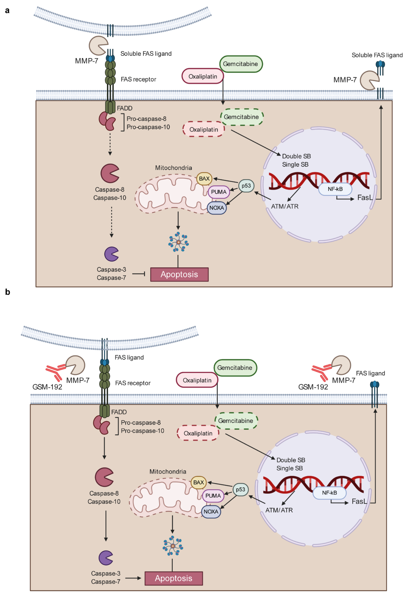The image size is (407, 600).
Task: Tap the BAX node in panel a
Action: click(204, 179)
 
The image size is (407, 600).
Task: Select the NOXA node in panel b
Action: click(211, 511)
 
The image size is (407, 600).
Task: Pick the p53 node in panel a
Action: click(246, 186)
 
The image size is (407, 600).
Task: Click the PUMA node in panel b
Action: click(213, 496)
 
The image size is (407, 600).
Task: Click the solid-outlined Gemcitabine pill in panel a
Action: click(241, 64)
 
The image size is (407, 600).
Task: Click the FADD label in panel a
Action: click(125, 108)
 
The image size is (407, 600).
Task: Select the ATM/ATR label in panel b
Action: click(279, 510)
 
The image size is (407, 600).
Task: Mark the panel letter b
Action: click(8, 292)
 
